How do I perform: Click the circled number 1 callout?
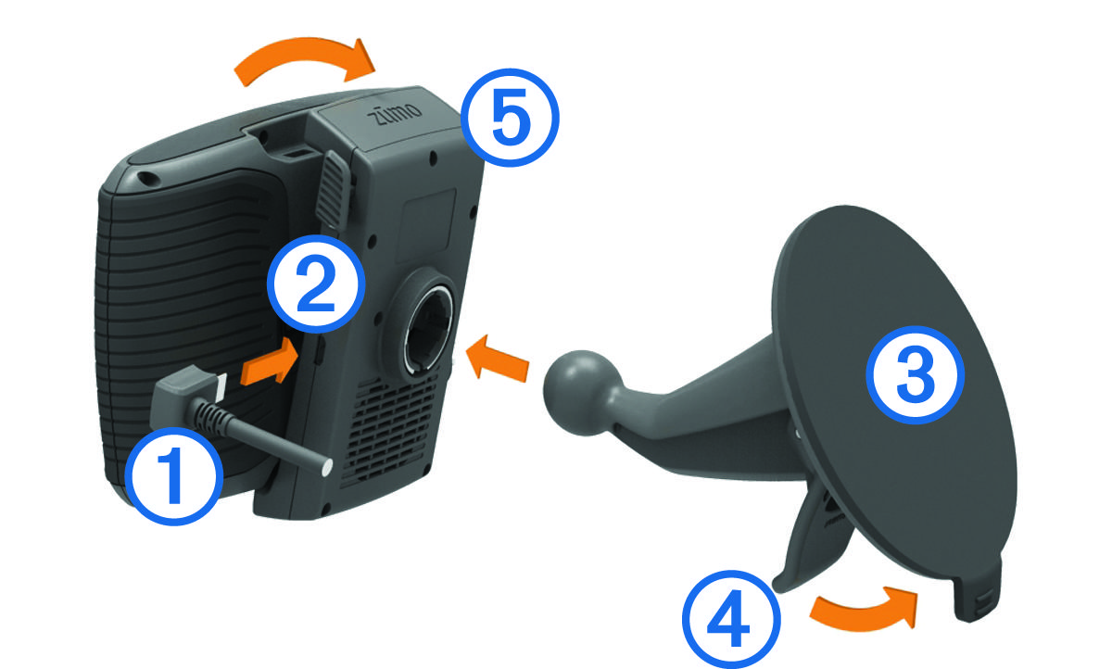[x=174, y=476]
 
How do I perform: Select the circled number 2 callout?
[x=316, y=284]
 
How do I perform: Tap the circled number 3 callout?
[x=915, y=375]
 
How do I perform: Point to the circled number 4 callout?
[x=731, y=619]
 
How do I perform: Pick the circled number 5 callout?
[x=511, y=118]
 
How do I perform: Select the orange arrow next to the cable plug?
[x=269, y=361]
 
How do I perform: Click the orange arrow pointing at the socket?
[x=498, y=358]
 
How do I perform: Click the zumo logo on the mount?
[x=395, y=114]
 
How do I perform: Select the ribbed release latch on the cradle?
[x=335, y=190]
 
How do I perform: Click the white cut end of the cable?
[x=326, y=467]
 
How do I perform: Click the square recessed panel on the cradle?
[x=427, y=226]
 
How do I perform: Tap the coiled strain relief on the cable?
[x=211, y=413]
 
